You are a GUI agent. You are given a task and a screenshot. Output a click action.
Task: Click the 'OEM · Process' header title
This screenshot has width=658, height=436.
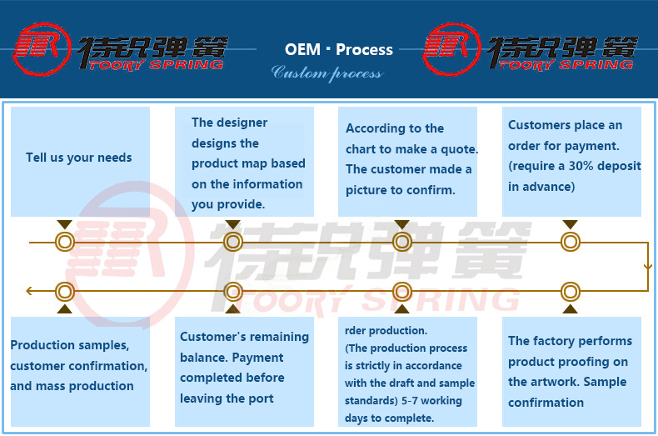click(339, 50)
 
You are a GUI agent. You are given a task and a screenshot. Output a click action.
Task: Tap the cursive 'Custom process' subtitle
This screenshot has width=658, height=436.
click(327, 73)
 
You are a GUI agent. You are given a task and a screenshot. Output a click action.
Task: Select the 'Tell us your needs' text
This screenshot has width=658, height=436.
click(79, 158)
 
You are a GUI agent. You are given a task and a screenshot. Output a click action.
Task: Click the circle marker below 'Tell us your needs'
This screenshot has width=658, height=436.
click(65, 243)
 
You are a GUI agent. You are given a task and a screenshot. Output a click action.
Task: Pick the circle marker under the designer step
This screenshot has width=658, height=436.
click(233, 243)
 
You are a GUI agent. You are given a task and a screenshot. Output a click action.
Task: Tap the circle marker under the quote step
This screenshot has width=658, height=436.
click(402, 243)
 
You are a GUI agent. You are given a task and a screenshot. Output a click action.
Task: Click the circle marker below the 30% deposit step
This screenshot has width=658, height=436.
click(570, 243)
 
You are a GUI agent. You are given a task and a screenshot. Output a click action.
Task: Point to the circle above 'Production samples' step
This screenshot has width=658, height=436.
click(65, 292)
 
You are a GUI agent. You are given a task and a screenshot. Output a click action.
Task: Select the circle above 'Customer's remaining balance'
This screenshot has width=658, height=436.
click(233, 292)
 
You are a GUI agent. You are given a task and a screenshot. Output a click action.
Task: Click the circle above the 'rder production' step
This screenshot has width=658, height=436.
click(402, 292)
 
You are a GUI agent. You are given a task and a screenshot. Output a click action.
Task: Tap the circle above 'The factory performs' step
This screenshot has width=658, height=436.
click(570, 292)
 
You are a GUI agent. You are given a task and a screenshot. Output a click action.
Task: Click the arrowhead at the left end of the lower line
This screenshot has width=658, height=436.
click(30, 292)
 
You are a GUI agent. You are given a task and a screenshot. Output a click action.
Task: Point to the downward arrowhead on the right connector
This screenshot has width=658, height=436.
click(648, 267)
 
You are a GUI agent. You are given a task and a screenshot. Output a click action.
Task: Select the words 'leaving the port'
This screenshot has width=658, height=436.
click(227, 398)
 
